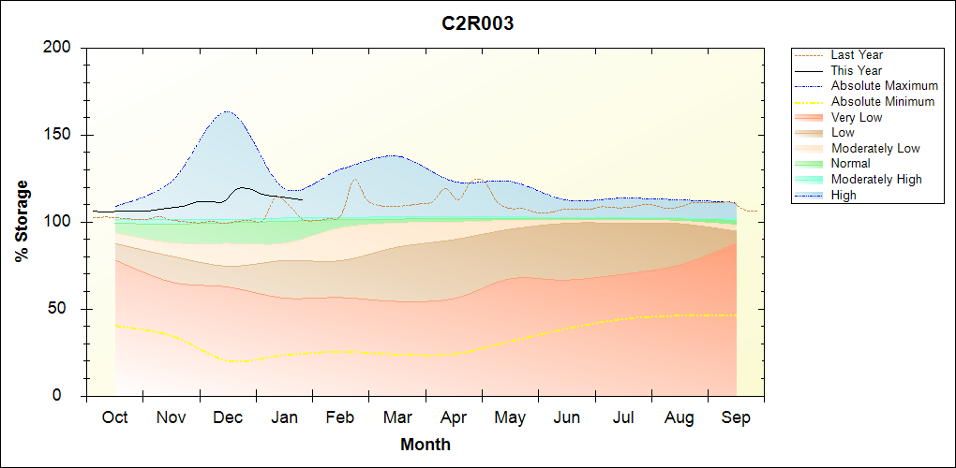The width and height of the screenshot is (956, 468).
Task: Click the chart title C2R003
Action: click(x=478, y=24)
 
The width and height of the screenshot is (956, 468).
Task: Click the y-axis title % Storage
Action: click(x=22, y=221)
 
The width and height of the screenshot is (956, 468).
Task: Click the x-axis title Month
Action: click(x=426, y=445)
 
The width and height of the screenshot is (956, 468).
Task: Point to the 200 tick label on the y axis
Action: click(x=59, y=48)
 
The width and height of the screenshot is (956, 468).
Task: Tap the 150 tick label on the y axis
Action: click(x=59, y=135)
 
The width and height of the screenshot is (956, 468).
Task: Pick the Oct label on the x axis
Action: click(x=114, y=417)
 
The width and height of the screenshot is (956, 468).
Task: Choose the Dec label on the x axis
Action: click(x=228, y=417)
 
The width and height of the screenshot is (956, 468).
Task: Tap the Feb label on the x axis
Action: click(x=340, y=417)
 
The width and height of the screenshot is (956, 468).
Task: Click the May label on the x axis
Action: click(x=510, y=417)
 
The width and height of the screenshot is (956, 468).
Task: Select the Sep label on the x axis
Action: click(x=736, y=417)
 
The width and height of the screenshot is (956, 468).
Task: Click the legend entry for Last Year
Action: click(x=857, y=55)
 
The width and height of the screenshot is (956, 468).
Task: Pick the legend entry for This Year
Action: click(x=857, y=70)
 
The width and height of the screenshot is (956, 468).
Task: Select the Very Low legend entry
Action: click(x=857, y=117)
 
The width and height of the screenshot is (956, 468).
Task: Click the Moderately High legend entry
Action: click(x=876, y=179)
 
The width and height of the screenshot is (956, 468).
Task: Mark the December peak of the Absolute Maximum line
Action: click(x=227, y=111)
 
